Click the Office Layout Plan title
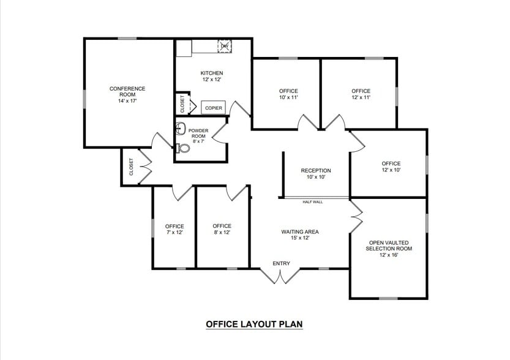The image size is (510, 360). tap(255, 324)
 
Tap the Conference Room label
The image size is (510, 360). tap(127, 94)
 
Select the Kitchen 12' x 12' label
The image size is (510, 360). tap(211, 77)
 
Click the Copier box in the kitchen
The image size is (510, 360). tap(214, 108)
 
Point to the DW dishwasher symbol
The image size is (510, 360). tap(224, 47)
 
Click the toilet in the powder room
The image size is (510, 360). tap(182, 148)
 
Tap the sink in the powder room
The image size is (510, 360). tap(181, 129)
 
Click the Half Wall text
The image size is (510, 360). tap(313, 201)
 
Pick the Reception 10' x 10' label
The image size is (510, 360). tap(316, 174)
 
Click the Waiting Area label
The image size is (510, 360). tap(299, 234)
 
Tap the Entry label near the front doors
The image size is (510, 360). tap(281, 263)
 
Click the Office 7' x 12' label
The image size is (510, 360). tap(173, 229)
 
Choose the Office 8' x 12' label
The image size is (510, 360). tap(222, 229)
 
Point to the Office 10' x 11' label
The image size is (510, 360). tap(288, 94)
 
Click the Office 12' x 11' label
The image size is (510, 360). tap(361, 94)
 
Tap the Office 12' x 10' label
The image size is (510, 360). tap(391, 167)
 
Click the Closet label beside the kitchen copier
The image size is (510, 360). tap(182, 103)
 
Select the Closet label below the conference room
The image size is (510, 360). tap(131, 167)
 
